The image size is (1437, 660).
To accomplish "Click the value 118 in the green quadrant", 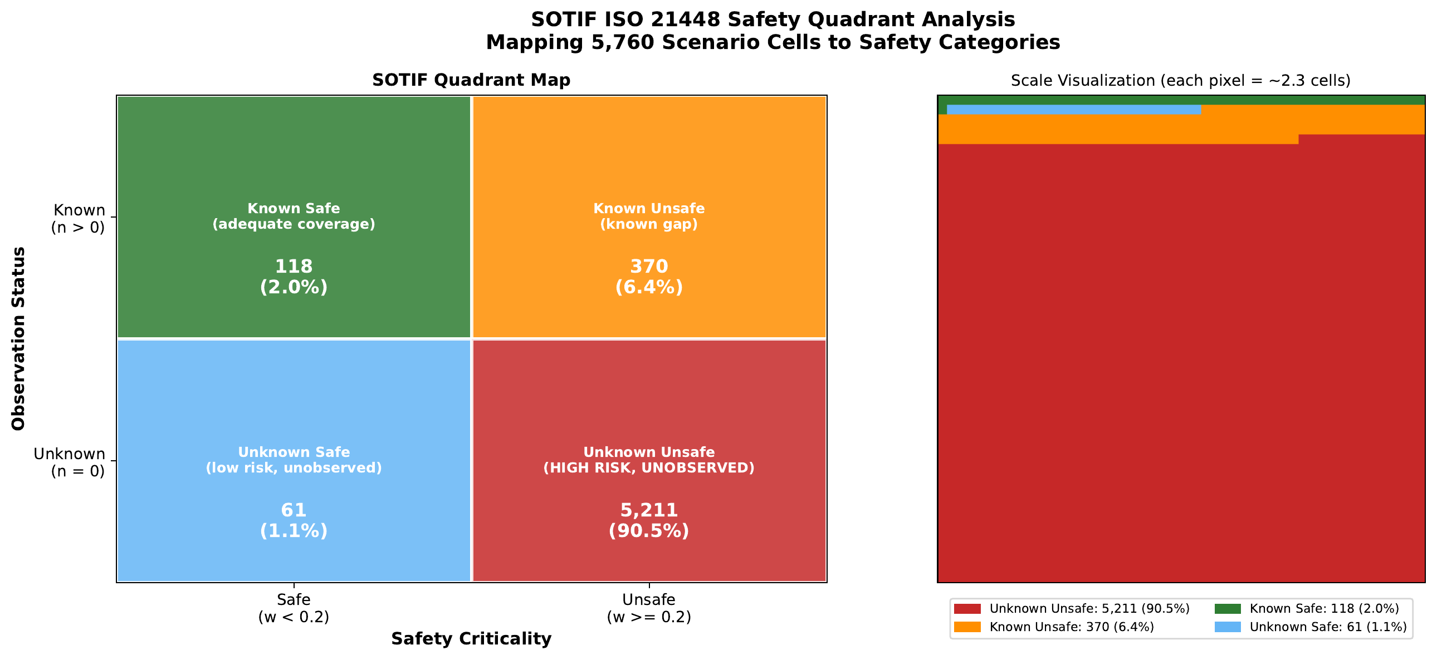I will (294, 267).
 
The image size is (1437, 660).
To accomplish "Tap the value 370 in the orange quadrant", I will (649, 267).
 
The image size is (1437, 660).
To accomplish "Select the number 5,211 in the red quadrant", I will (649, 510).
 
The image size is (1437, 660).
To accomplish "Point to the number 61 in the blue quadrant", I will (294, 510).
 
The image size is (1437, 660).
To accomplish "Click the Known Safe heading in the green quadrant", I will (294, 209).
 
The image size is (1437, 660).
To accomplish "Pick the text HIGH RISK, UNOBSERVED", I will (649, 467).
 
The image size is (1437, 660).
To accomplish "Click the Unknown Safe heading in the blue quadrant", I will (294, 452).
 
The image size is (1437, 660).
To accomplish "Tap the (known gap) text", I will (649, 224).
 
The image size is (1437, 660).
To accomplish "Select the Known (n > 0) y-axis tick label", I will (79, 219).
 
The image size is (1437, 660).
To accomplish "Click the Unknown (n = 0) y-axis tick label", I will (70, 462).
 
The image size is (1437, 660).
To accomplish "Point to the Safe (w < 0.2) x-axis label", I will (294, 608).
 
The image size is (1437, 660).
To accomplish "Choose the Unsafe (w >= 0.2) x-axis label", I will (649, 608).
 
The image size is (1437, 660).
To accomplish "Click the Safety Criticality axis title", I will (471, 639).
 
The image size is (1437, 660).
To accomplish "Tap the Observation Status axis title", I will (19, 338).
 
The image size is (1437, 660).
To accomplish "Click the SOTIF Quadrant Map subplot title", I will (471, 80).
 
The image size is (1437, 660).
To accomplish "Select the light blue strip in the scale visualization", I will (1073, 110).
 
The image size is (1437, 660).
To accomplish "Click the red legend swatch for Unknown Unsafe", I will (967, 609).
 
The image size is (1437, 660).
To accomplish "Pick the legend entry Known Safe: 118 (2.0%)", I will (1324, 609).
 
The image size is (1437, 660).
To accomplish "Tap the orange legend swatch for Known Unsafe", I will (967, 627).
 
